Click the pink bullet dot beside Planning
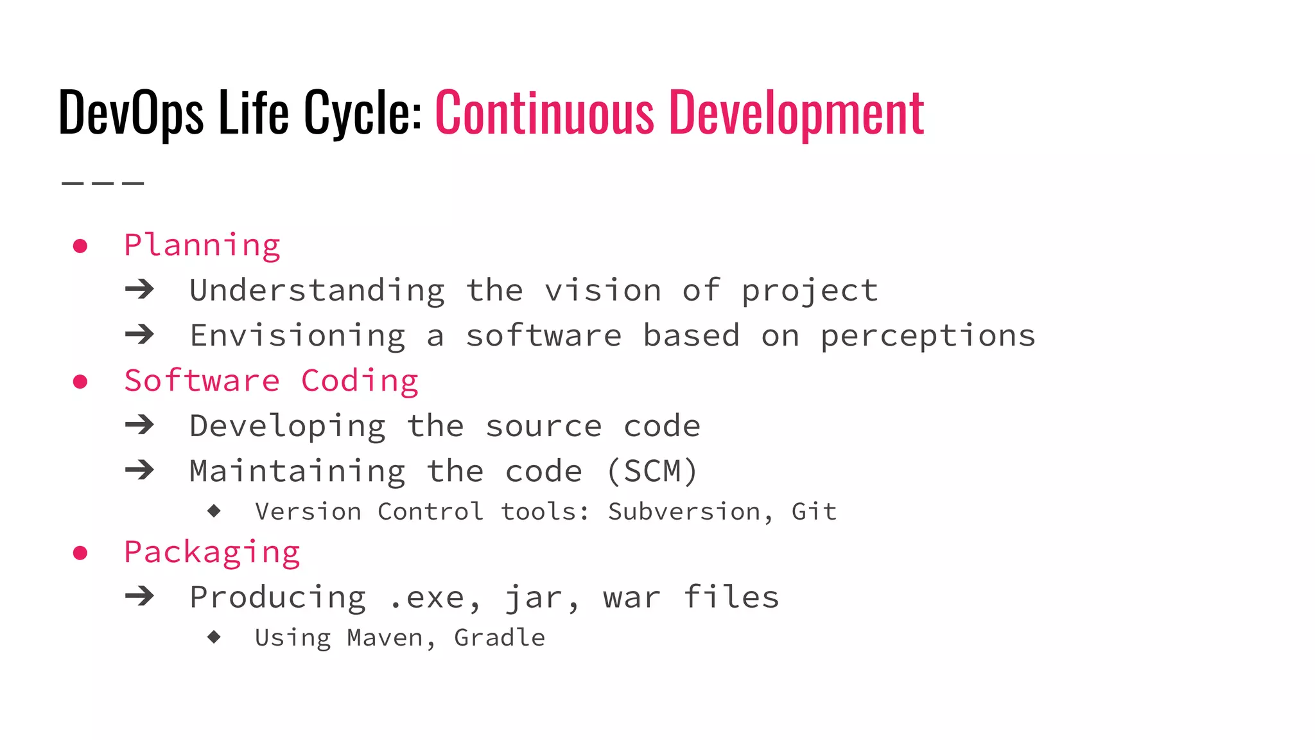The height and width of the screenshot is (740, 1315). coord(80,246)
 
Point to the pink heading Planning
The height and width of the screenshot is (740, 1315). coord(202,246)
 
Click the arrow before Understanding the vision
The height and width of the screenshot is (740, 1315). coord(140,290)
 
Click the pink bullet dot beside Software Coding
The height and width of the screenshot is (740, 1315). coord(80,382)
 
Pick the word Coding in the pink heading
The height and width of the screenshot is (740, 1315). coord(360,382)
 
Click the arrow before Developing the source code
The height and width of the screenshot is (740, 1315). coord(140,425)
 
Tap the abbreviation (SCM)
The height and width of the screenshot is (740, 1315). coord(652,471)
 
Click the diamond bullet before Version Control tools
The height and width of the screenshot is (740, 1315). coord(214,511)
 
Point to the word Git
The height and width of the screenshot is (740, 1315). coord(814,512)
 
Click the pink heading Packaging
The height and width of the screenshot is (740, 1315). coord(213,553)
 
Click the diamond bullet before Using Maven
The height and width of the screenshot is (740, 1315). coord(214,637)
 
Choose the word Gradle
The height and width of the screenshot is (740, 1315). coord(500,638)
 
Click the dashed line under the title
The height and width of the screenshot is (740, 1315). coord(103,184)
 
